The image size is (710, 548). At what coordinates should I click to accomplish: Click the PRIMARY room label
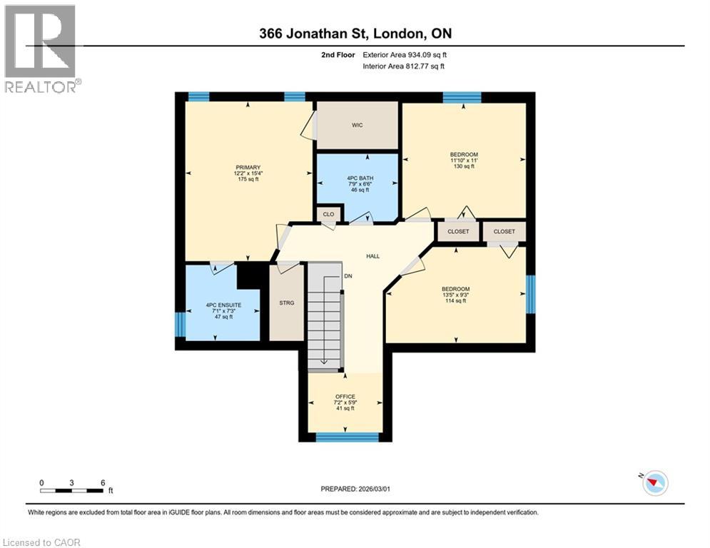click(x=248, y=168)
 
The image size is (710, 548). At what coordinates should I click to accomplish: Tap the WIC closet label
click(x=357, y=126)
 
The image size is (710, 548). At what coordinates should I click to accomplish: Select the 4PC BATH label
click(x=357, y=178)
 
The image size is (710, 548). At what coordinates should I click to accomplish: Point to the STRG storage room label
click(x=286, y=303)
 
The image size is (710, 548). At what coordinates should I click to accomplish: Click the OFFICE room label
click(x=345, y=397)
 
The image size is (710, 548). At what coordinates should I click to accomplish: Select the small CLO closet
click(x=329, y=213)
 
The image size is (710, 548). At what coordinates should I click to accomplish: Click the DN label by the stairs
click(x=348, y=275)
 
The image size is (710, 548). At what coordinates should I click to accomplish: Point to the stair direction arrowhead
click(x=325, y=362)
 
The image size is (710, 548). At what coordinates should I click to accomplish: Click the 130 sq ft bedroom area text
click(x=463, y=167)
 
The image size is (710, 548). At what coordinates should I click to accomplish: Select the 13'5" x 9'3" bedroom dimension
click(x=455, y=295)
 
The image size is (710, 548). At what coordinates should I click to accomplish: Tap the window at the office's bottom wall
click(x=346, y=437)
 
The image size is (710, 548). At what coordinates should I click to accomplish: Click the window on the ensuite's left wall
click(x=181, y=324)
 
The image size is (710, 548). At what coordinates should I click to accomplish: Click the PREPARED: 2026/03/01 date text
click(x=355, y=489)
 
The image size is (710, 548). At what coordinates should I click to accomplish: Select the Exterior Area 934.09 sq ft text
click(x=405, y=54)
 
